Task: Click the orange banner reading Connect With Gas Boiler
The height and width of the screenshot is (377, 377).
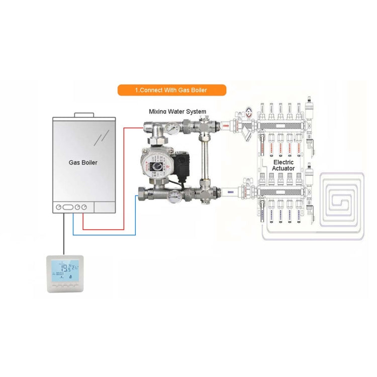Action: tap(172, 90)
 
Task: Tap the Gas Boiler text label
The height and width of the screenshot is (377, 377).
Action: tap(83, 163)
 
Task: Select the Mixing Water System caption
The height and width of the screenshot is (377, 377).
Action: tap(177, 112)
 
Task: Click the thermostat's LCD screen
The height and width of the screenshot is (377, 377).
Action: tap(63, 269)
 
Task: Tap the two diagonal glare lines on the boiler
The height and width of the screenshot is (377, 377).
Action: tap(103, 136)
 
